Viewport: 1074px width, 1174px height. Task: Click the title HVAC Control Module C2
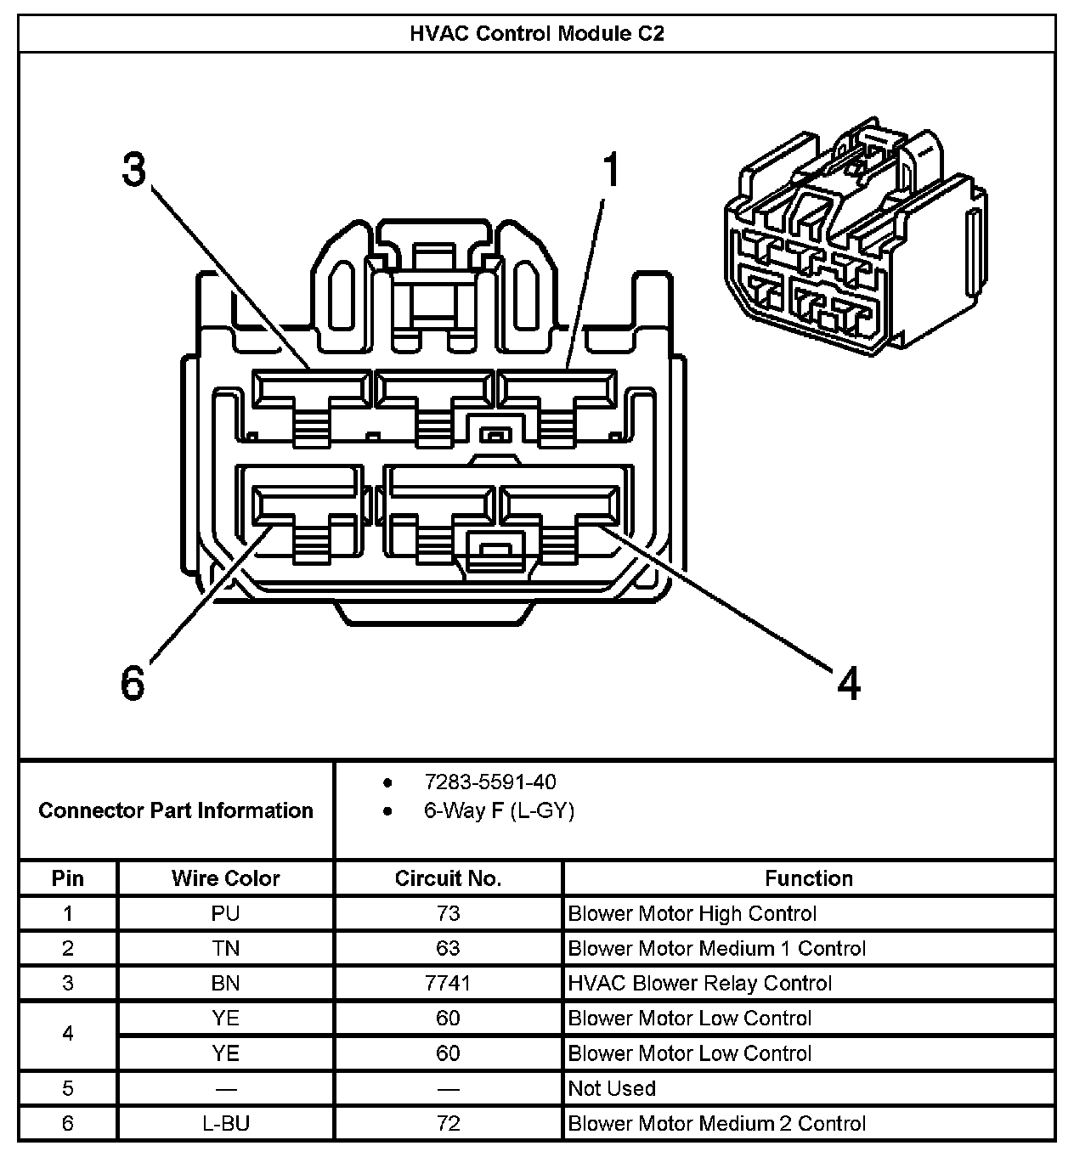[x=536, y=34]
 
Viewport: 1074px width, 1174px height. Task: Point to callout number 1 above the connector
[x=611, y=170]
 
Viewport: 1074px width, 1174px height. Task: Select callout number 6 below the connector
[x=133, y=682]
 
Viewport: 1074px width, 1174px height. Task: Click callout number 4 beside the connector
[x=849, y=683]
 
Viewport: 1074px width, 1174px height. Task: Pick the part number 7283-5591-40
[x=490, y=782]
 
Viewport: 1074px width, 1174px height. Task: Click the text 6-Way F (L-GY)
[x=499, y=811]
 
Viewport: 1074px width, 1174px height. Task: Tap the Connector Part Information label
[x=176, y=810]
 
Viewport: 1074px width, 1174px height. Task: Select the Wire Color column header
[x=225, y=878]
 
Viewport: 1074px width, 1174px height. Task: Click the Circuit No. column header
[x=448, y=878]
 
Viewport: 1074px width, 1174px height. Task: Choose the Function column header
[x=808, y=878]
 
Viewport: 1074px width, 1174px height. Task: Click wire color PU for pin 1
[x=225, y=914]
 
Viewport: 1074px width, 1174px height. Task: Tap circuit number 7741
[x=448, y=984]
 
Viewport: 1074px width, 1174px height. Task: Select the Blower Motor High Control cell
[x=692, y=914]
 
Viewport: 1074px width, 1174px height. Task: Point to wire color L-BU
[x=225, y=1124]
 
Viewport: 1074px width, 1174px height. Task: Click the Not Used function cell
[x=612, y=1089]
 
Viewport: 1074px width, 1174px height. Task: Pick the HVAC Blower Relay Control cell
[x=699, y=984]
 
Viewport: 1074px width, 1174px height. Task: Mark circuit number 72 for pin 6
[x=448, y=1124]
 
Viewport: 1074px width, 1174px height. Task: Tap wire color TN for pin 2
[x=225, y=949]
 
